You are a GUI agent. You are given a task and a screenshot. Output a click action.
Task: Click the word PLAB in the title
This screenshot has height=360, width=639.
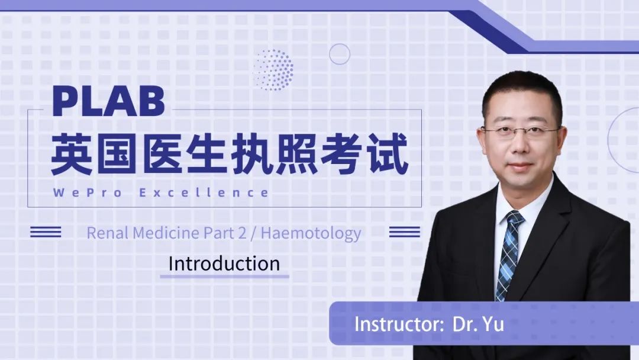pos(109,101)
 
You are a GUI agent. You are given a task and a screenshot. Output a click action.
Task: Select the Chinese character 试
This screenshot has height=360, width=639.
pos(387,155)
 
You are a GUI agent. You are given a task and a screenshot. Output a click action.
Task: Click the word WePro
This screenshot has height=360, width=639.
pos(87,192)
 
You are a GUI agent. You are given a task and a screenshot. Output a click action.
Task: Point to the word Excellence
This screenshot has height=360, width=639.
pos(204,192)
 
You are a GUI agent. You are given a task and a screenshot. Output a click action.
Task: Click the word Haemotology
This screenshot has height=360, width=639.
pos(311,234)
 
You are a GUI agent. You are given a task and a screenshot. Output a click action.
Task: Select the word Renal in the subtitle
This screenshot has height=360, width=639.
pos(108,233)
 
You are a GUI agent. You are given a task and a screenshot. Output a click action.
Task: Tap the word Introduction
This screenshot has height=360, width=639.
pos(224,263)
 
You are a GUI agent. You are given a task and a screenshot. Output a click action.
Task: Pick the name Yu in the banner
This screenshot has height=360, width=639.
pos(493,324)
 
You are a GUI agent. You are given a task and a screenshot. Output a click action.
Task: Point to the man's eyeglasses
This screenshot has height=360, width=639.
pos(521,131)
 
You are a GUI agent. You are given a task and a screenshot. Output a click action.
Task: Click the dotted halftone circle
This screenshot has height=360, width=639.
pos(273,70)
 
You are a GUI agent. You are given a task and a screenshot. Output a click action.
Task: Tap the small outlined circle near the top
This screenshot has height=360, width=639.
pos(340,44)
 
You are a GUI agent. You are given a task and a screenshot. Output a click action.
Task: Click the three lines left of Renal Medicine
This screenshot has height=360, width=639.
pos(46,232)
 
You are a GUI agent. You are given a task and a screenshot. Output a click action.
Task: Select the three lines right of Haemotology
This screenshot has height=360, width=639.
pos(404,232)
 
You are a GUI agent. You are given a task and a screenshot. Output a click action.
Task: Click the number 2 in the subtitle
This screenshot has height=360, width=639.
pos(243,233)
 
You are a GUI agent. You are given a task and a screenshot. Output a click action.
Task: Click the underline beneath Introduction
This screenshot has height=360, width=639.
pos(225,277)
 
